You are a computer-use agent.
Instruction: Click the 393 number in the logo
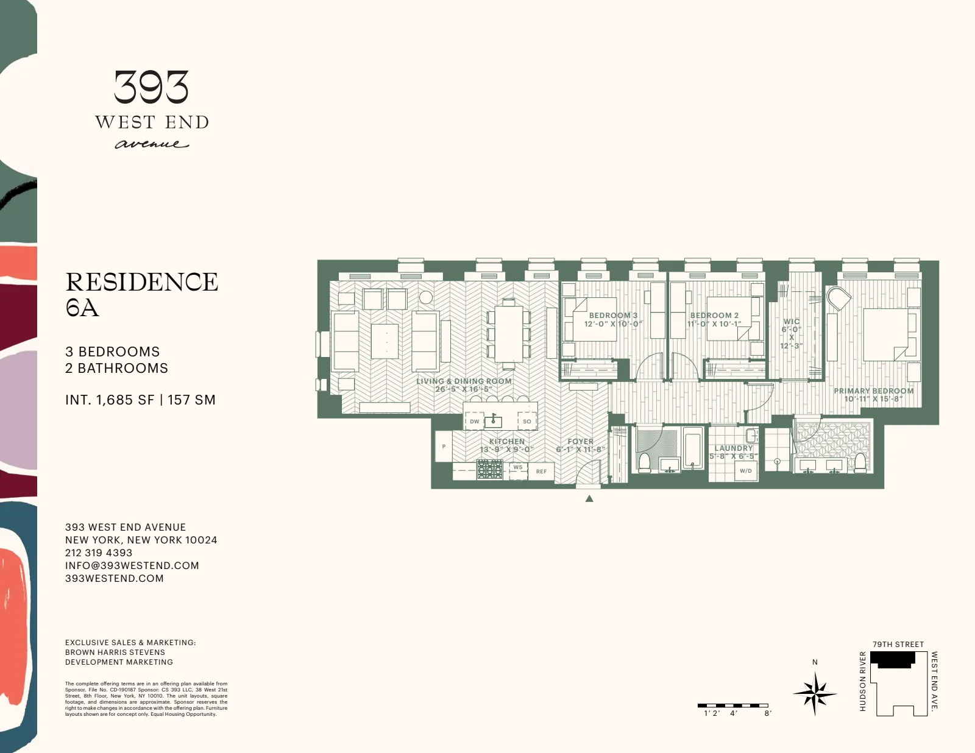152,87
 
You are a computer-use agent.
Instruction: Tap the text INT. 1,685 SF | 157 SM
140,400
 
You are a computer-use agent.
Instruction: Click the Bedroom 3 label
612,316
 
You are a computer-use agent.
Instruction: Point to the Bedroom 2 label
714,316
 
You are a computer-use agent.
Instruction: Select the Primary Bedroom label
873,391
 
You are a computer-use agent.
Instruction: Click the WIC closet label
792,322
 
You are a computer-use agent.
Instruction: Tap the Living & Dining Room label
464,381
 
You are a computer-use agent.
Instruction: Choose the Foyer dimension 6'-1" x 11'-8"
580,450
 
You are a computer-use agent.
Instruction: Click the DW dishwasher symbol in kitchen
474,422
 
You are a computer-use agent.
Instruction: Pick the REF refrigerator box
541,472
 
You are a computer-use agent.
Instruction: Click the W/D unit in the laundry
745,471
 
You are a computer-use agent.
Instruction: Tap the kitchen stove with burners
489,469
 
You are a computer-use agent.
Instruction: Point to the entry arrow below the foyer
589,499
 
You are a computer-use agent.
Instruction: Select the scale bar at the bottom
733,705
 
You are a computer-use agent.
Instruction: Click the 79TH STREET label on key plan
898,645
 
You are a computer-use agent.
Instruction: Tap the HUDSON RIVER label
862,681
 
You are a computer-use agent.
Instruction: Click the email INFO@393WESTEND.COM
132,565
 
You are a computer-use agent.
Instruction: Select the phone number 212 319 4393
99,553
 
